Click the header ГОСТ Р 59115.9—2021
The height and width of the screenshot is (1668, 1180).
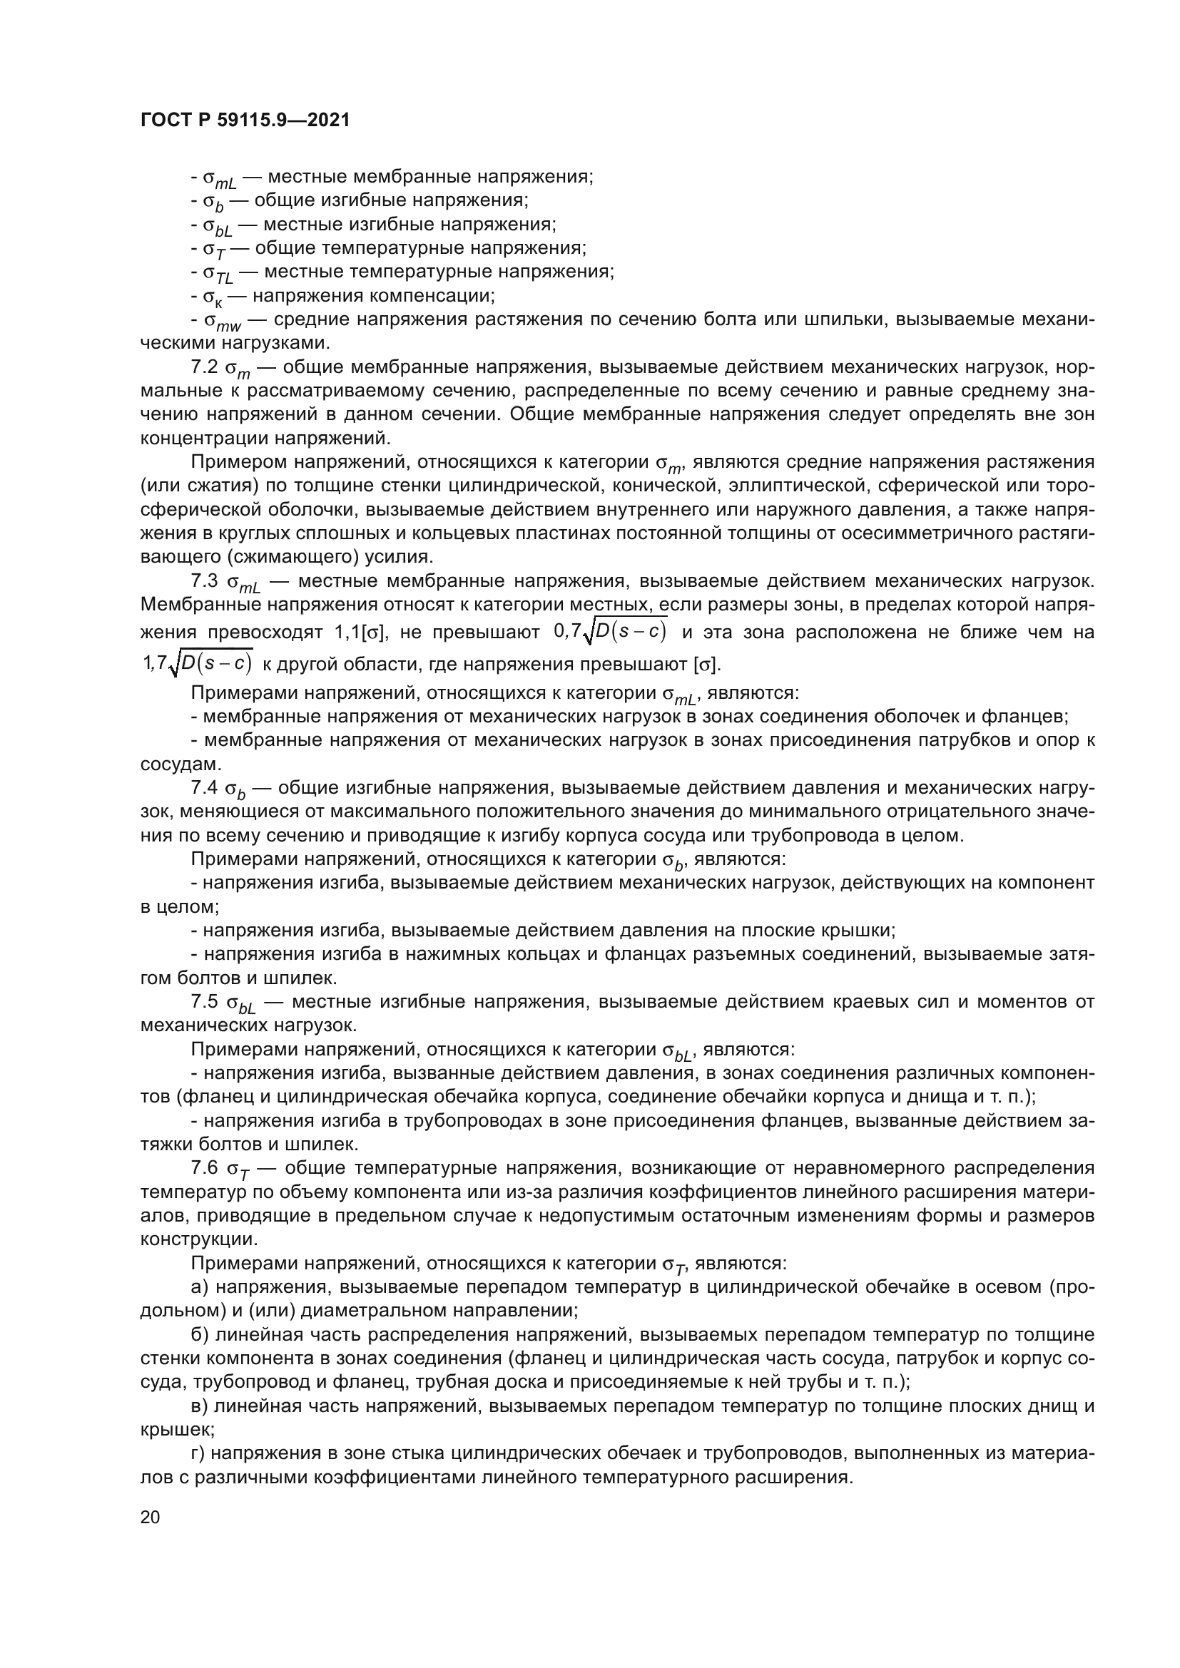tap(245, 120)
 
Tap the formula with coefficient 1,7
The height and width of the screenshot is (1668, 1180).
tap(198, 662)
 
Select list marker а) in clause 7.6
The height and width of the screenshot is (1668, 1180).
tap(199, 1287)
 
